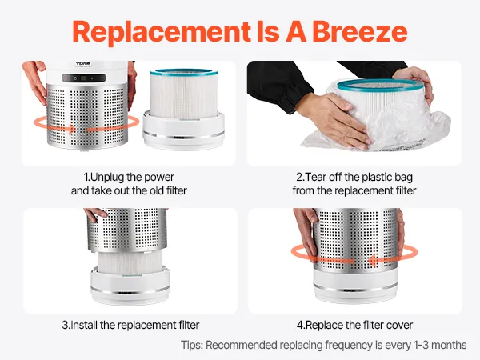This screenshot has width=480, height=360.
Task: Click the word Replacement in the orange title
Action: click(162, 33)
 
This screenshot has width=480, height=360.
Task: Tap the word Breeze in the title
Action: click(360, 32)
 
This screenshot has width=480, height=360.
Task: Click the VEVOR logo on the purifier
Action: click(83, 64)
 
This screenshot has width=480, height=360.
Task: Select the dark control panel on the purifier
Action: click(84, 78)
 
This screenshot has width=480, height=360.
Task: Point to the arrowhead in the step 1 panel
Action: click(72, 129)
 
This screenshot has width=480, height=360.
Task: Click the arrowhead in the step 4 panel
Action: click(372, 261)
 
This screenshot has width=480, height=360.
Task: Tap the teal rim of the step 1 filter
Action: click(184, 73)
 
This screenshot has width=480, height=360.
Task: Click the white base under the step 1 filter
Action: click(184, 130)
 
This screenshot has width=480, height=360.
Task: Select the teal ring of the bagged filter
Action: click(381, 85)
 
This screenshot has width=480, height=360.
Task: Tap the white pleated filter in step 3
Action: click(130, 262)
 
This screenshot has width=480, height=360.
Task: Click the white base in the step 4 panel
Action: click(356, 286)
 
